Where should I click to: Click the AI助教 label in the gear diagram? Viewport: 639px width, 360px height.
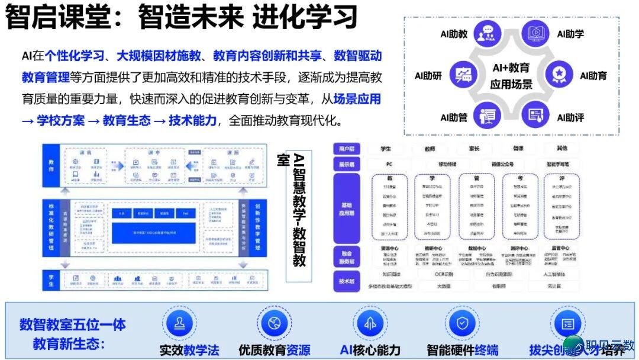(454, 34)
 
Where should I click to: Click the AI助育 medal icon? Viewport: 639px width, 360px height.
(558, 73)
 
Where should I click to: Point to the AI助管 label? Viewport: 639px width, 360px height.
(454, 117)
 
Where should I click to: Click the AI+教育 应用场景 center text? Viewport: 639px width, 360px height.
(511, 76)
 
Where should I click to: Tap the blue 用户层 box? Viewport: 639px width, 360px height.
(346, 148)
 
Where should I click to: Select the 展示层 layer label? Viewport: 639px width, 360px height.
(346, 164)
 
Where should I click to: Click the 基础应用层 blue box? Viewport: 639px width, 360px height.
(346, 208)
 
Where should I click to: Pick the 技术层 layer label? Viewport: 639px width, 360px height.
(346, 281)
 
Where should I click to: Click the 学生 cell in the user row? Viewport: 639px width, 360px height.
(386, 148)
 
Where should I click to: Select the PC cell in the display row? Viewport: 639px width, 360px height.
(389, 164)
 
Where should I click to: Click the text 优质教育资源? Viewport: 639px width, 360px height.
(275, 350)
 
